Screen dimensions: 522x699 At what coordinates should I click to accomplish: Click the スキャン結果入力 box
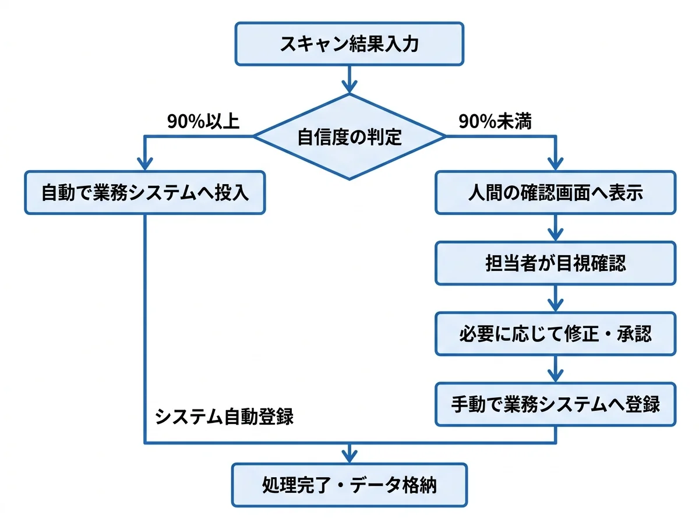[x=349, y=44]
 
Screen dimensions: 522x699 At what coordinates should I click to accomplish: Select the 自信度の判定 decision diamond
[x=349, y=137]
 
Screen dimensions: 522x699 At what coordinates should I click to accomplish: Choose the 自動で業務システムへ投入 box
[x=144, y=193]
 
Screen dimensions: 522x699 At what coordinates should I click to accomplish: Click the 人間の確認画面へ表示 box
[x=556, y=193]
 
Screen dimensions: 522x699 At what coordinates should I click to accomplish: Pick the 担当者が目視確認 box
[x=556, y=263]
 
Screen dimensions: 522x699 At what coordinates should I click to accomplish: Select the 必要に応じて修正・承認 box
[x=556, y=334]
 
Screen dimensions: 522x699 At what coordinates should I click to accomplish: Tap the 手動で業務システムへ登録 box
[x=556, y=404]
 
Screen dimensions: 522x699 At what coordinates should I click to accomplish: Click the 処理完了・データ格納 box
[x=349, y=485]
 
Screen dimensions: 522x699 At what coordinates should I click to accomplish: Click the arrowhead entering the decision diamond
[x=349, y=86]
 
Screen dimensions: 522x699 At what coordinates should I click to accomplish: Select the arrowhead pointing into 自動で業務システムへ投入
[x=144, y=164]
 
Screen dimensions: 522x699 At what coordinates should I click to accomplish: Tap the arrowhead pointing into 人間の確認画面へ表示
[x=556, y=164]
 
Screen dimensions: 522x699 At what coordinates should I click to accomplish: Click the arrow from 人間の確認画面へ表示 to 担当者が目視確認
[x=556, y=228]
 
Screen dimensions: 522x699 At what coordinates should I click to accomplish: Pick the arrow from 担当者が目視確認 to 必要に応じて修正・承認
[x=556, y=298]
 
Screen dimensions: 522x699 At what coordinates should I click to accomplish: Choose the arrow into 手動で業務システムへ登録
[x=556, y=369]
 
